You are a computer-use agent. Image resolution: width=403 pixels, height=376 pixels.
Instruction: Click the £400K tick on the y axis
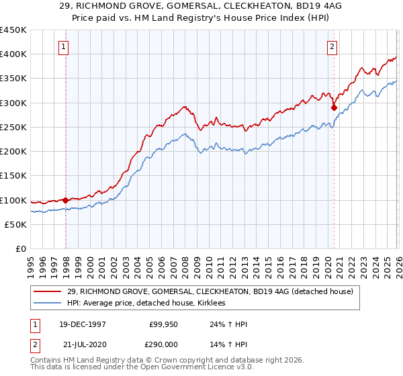click(x=13, y=54)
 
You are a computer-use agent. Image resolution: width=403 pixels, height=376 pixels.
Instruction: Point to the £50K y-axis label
click(x=15, y=224)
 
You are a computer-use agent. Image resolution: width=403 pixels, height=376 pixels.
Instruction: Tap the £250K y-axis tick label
click(x=13, y=127)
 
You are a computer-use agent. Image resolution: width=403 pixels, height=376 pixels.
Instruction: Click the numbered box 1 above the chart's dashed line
click(x=63, y=47)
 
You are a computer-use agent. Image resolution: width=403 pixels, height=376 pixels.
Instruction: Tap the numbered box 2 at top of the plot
click(x=332, y=47)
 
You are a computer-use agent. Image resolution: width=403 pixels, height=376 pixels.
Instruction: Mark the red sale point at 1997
click(x=66, y=200)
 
